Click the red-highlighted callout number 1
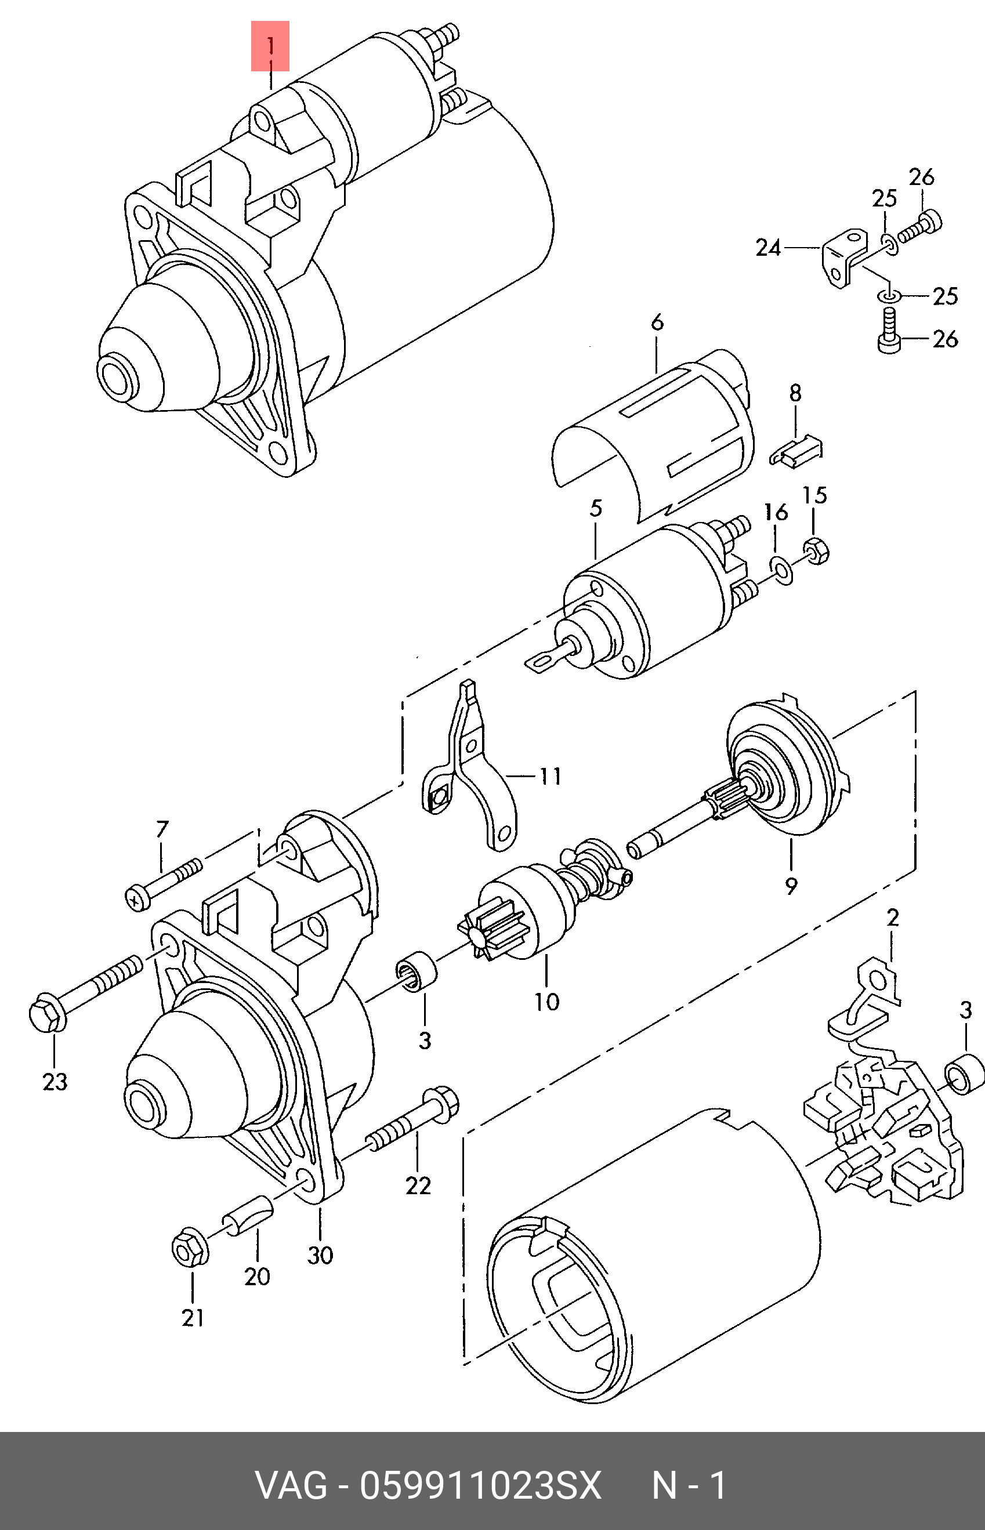pyautogui.click(x=270, y=46)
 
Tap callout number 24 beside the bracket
pyautogui.click(x=768, y=248)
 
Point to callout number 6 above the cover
pyautogui.click(x=657, y=323)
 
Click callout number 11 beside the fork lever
pyautogui.click(x=550, y=776)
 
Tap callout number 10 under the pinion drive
pyautogui.click(x=547, y=1001)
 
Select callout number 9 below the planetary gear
pyautogui.click(x=791, y=886)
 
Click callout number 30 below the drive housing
pyautogui.click(x=320, y=1255)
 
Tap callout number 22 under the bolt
pyautogui.click(x=418, y=1185)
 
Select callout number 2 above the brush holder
pyautogui.click(x=893, y=918)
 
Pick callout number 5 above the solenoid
pyautogui.click(x=596, y=508)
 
